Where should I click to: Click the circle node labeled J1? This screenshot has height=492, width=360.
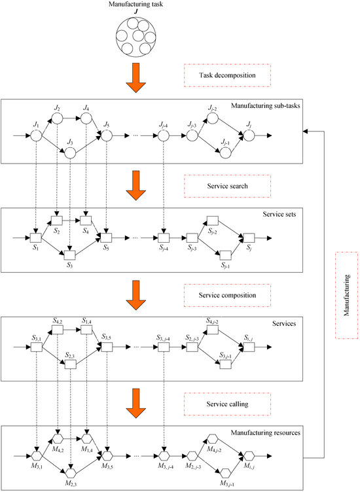[36, 136]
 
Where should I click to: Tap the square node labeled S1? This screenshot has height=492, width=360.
[36, 237]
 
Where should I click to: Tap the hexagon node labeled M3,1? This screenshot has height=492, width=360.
[36, 454]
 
